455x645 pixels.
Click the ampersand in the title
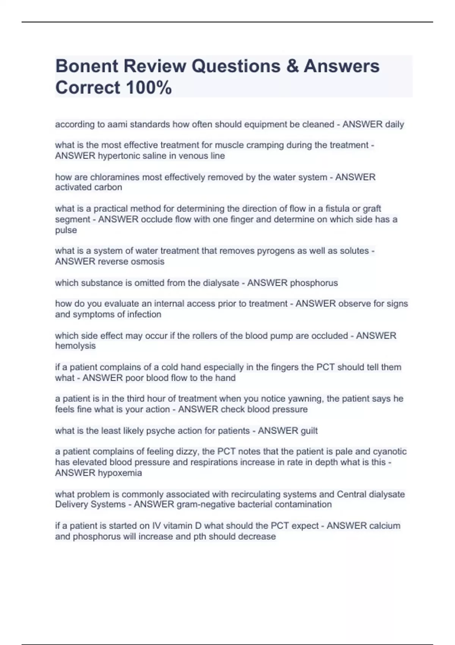tap(292, 66)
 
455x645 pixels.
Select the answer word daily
tap(394, 124)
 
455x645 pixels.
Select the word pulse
tap(66, 230)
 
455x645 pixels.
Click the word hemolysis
tap(75, 346)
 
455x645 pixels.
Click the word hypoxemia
tap(120, 473)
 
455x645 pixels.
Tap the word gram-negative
tap(203, 505)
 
